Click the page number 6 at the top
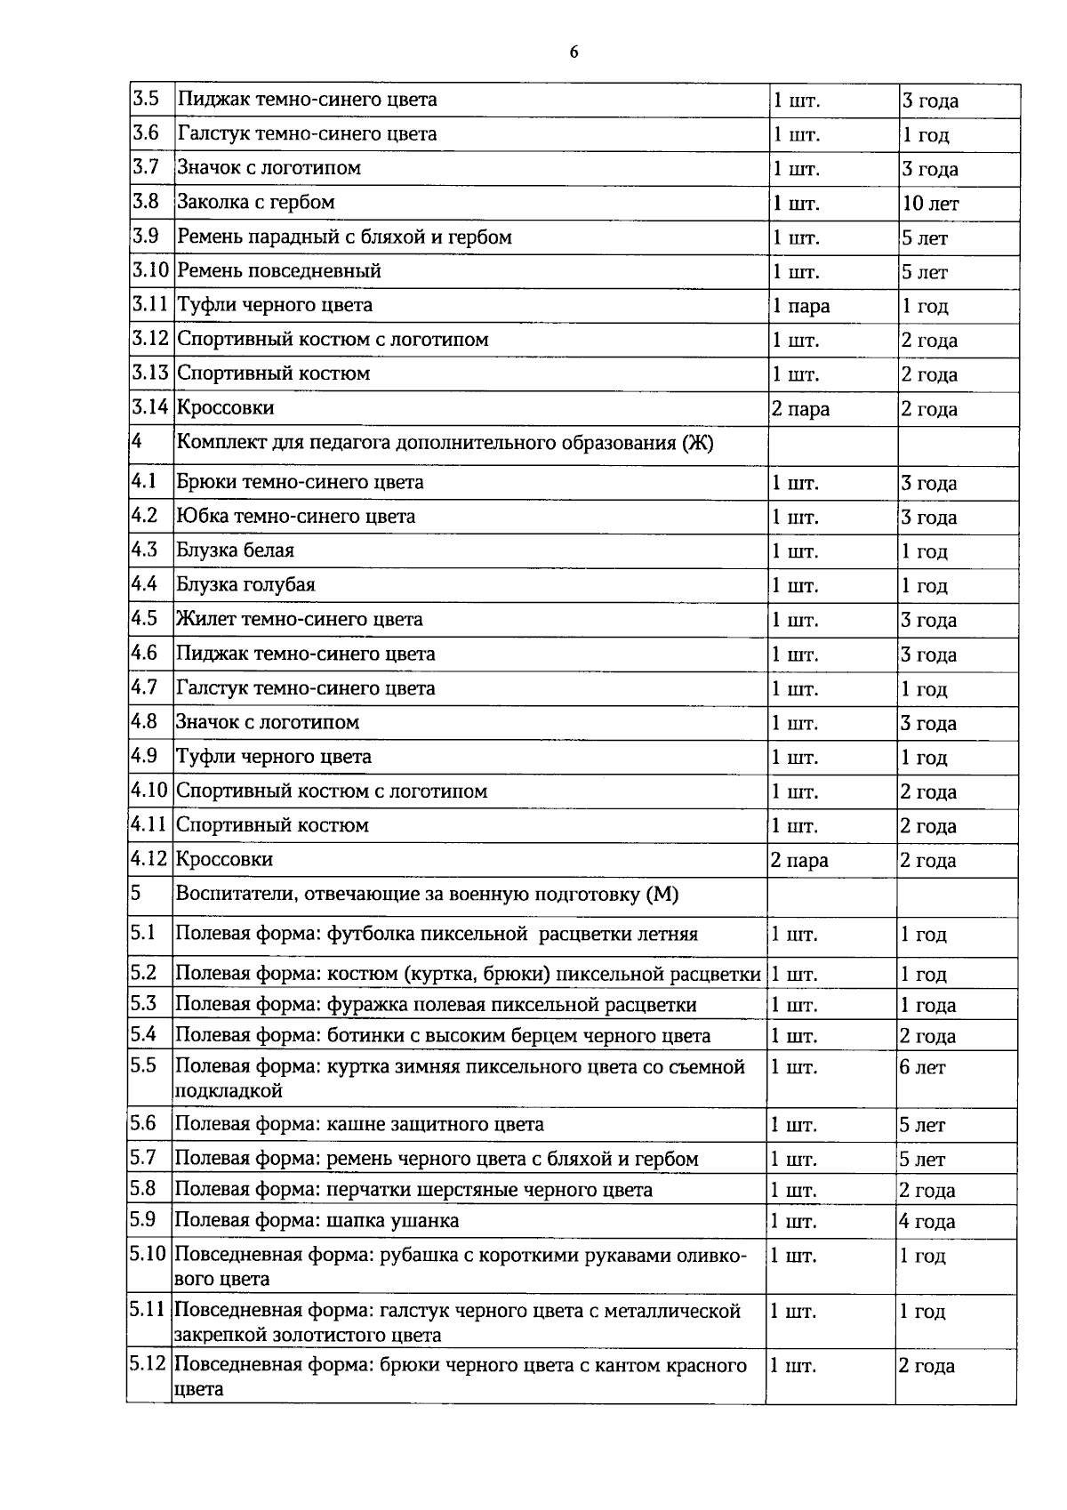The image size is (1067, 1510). (574, 52)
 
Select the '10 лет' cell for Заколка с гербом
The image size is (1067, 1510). (930, 204)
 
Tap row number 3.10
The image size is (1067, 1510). (150, 270)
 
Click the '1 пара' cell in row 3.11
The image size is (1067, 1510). (800, 307)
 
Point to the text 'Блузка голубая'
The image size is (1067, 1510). (245, 585)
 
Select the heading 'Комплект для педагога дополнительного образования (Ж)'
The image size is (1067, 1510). (445, 443)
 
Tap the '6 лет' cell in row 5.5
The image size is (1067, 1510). (922, 1068)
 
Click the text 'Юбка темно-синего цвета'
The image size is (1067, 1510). (295, 517)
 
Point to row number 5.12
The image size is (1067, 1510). (148, 1364)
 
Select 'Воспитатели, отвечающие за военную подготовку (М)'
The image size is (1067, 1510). (427, 895)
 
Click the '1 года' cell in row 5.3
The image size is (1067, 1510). (927, 1006)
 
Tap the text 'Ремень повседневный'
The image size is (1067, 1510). (279, 271)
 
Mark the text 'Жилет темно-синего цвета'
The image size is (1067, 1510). (299, 619)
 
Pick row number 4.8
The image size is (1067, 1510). (144, 721)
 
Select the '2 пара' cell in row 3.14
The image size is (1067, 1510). (800, 410)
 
